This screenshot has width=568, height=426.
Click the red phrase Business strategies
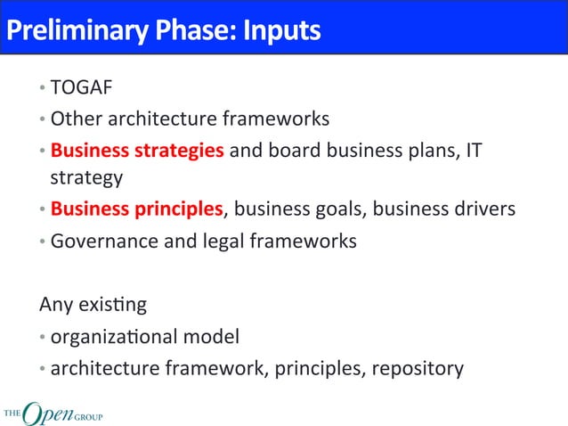137,149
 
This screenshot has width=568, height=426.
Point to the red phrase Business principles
136,210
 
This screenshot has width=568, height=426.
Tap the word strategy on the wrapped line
86,177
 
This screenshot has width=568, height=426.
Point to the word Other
74,119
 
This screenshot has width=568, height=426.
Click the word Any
55,305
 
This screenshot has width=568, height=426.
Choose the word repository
418,368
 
